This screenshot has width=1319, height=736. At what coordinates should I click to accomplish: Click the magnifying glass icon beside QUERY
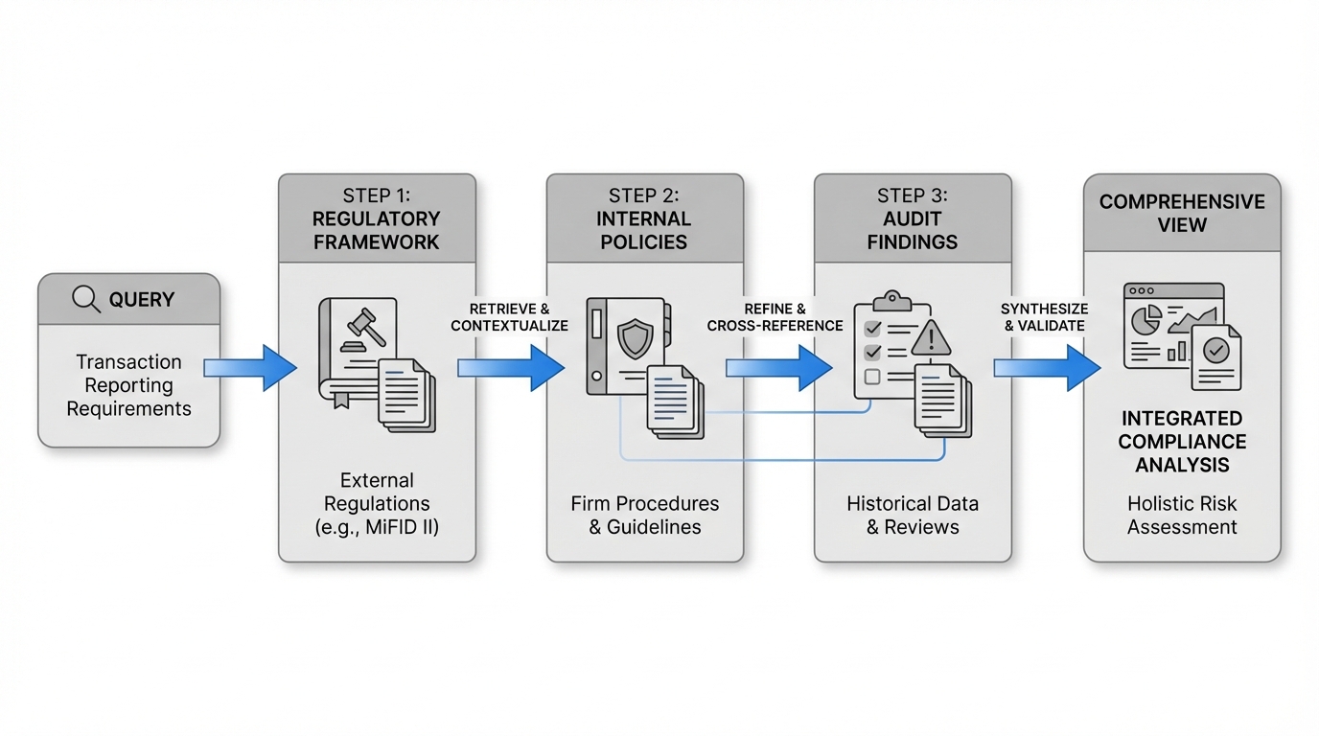86,300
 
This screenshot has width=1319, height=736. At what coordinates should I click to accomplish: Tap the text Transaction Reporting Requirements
129,385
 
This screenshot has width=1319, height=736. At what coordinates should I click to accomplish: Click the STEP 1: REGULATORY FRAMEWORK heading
377,218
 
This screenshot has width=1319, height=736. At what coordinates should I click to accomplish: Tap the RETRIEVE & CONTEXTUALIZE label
509,317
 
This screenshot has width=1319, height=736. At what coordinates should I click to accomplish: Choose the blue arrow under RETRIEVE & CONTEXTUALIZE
510,368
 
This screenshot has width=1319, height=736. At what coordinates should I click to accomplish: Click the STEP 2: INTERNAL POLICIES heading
644,218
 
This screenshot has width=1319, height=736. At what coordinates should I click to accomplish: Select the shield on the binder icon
635,338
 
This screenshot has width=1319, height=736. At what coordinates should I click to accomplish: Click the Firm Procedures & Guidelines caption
644,515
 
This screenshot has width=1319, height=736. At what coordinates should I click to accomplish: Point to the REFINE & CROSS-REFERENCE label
775,317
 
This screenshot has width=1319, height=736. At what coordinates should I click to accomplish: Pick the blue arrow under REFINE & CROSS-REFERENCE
778,368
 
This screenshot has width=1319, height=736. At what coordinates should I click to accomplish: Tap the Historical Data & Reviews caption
913,515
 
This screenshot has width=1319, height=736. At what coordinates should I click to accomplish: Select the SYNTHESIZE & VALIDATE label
1044,317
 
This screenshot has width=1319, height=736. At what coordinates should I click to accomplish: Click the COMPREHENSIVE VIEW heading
1182,214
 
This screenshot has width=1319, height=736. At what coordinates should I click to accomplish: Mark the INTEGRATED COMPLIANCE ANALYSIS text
1182,442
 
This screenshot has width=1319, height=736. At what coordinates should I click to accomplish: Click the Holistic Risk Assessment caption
1182,515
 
